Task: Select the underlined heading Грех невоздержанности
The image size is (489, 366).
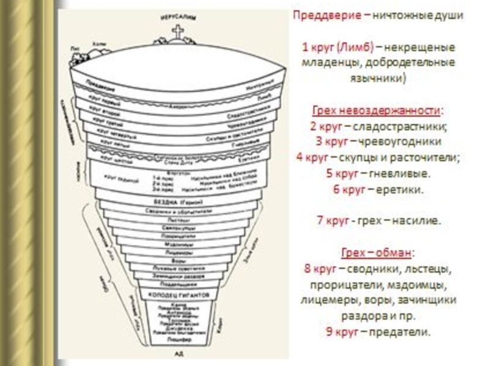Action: [375, 110]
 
